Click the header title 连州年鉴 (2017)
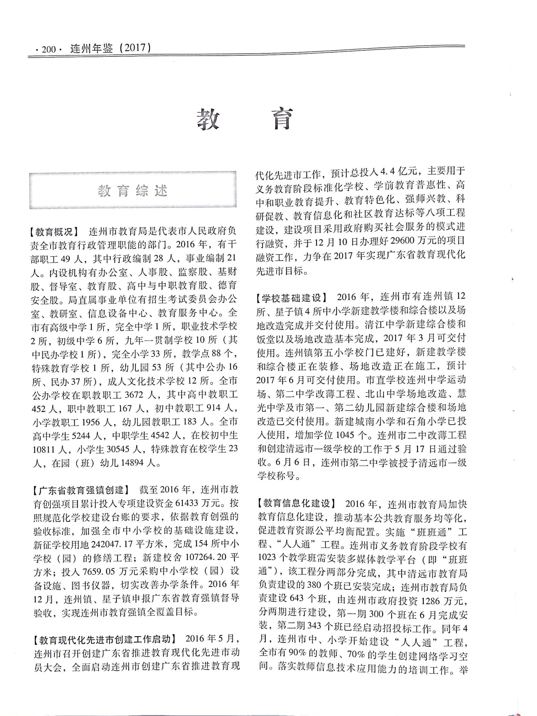tap(110, 48)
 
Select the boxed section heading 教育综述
tap(133, 191)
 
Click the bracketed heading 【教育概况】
tap(54, 232)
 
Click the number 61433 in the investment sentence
tap(188, 503)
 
